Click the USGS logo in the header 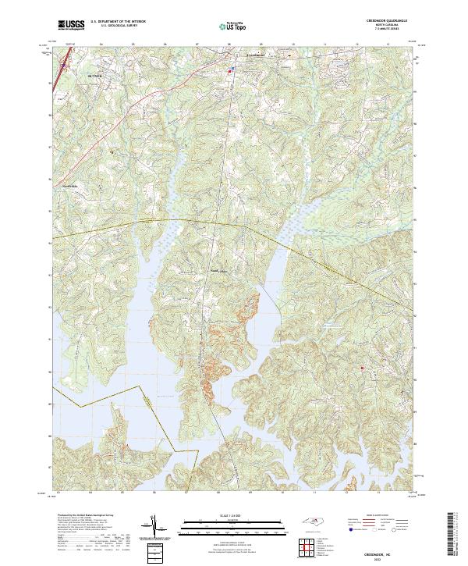(72, 25)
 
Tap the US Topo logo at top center (233, 25)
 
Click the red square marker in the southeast (362, 368)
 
